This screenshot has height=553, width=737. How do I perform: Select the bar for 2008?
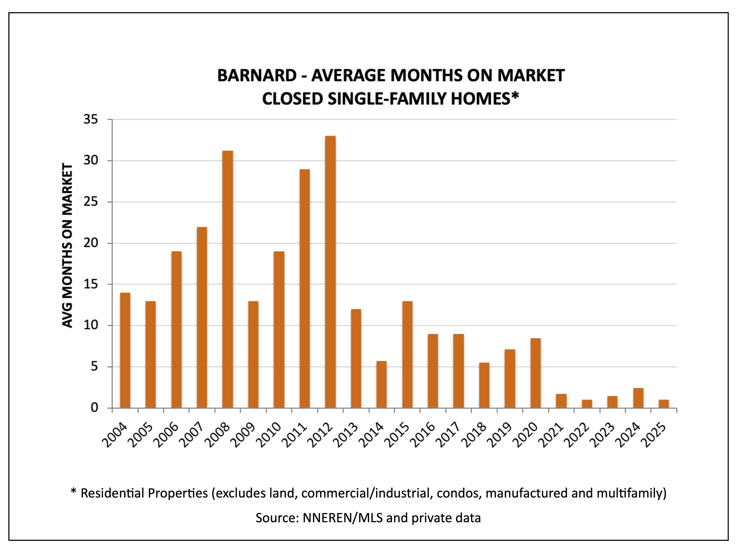click(x=228, y=279)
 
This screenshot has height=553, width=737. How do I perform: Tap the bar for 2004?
click(x=125, y=350)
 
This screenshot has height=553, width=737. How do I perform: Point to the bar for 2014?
click(x=381, y=384)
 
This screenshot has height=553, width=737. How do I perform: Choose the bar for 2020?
click(x=535, y=373)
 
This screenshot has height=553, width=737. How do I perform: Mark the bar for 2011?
click(x=305, y=289)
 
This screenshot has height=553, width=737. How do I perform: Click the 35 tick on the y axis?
click(x=91, y=119)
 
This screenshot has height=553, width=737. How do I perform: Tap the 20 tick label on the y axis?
click(x=91, y=243)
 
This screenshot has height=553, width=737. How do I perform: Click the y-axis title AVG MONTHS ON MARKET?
click(x=68, y=246)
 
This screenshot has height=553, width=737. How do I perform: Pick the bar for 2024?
click(x=638, y=398)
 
